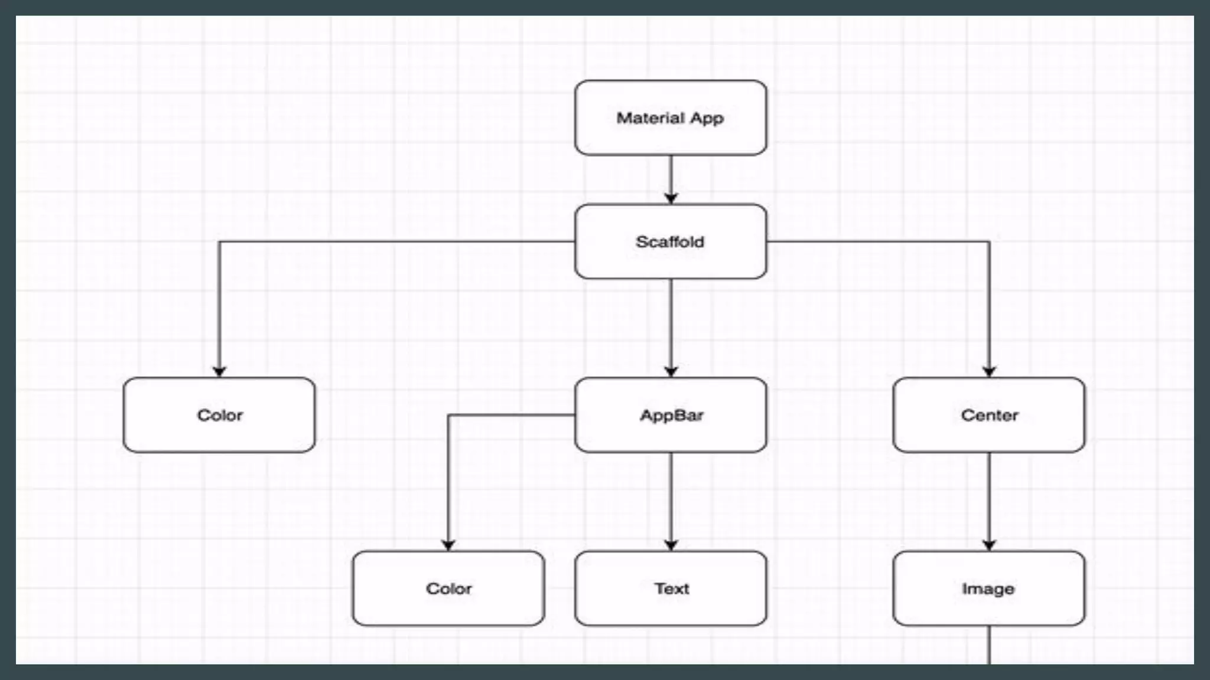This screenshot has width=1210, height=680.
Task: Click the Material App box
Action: coord(671,118)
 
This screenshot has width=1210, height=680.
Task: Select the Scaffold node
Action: coord(671,241)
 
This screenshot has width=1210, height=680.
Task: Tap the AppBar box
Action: coord(671,415)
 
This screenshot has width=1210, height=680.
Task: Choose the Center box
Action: coord(988,415)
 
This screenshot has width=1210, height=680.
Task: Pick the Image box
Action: coord(988,589)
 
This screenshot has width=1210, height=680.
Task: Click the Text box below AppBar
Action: coord(671,589)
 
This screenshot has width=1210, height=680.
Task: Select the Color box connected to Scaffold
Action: coord(219,415)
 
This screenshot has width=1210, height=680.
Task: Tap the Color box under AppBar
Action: coord(448,589)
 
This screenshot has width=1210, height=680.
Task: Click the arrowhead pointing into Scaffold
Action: coord(671,198)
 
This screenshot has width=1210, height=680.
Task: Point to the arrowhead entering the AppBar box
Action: coord(671,371)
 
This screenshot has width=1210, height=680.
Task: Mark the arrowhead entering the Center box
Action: coord(989,371)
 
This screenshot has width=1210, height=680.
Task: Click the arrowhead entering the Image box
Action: coord(989,545)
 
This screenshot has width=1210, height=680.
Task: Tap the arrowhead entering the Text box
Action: coord(671,545)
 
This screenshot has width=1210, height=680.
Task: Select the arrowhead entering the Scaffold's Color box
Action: coord(219,371)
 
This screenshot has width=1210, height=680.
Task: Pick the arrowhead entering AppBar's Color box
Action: coord(448,545)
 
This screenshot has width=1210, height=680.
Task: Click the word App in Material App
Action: coord(707,119)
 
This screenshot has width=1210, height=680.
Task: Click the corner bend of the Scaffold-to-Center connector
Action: coord(989,242)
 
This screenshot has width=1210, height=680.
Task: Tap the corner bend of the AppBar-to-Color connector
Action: coord(448,416)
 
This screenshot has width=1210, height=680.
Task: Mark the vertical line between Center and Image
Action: coord(989,496)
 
